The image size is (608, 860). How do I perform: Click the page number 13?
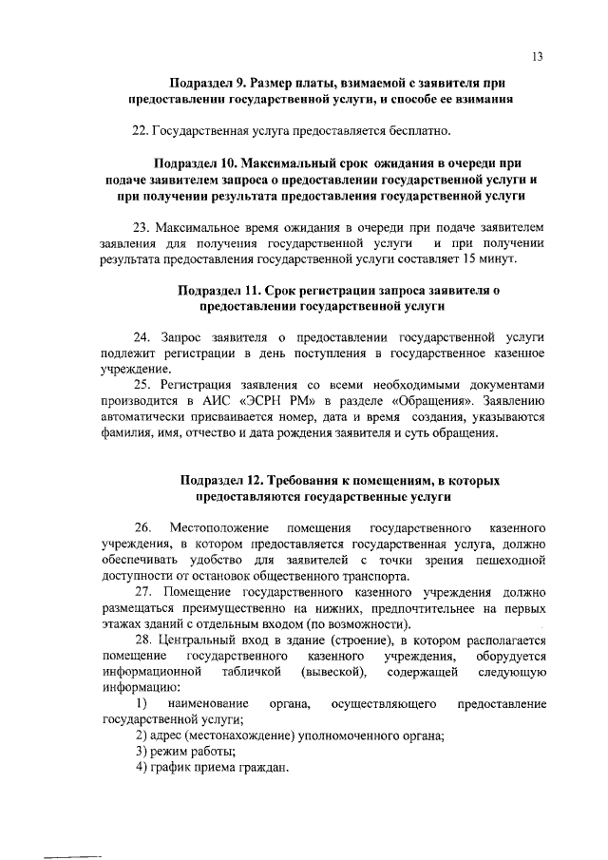(x=537, y=56)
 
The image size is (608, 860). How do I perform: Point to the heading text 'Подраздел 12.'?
(x=221, y=480)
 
